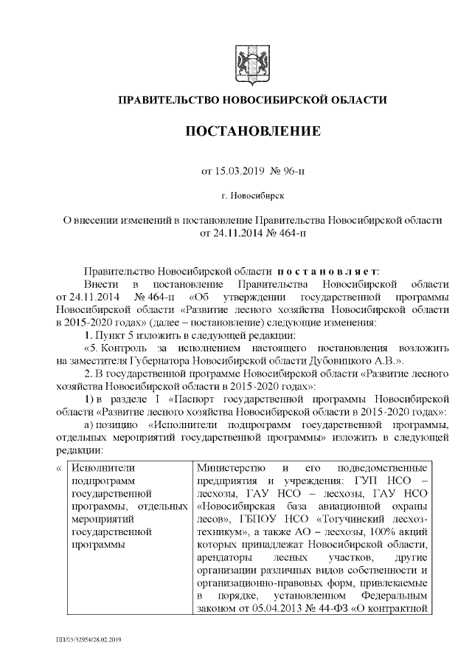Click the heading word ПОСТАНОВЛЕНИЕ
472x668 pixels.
pyautogui.click(x=251, y=131)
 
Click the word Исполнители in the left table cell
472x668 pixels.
pyautogui.click(x=100, y=468)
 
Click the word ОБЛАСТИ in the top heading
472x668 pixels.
pyautogui.click(x=357, y=100)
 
